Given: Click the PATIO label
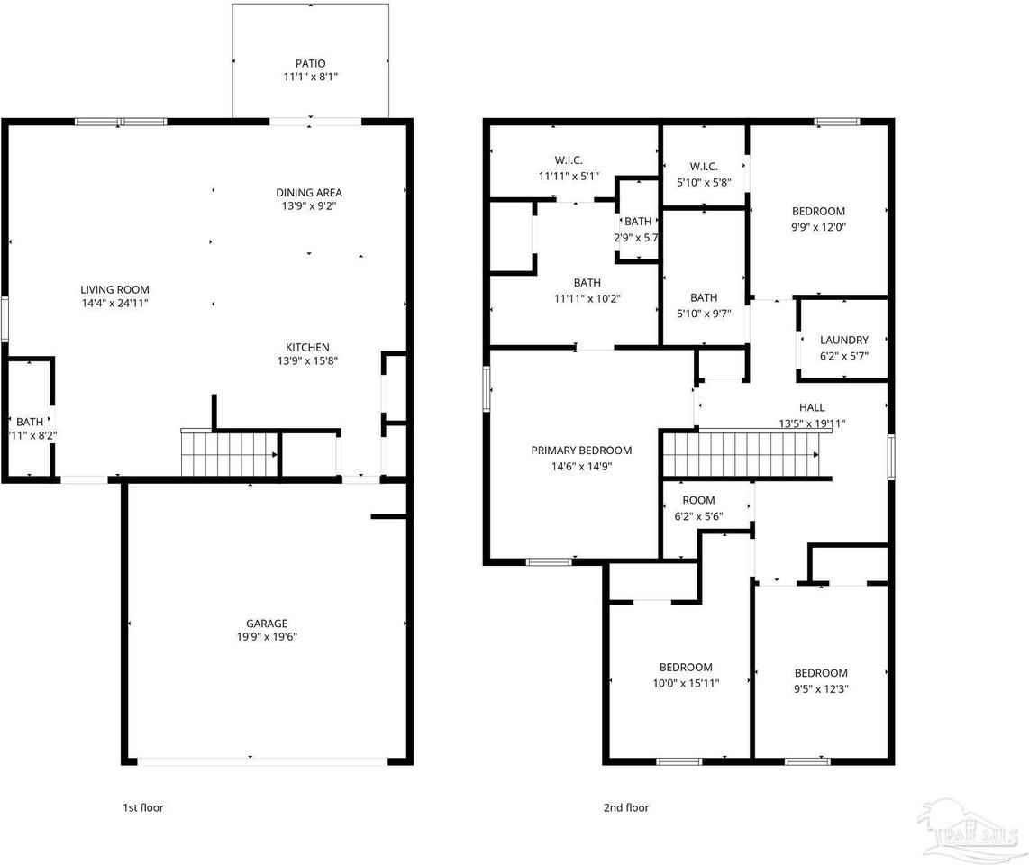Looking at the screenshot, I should coord(310,64).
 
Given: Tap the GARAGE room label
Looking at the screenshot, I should coord(267,624).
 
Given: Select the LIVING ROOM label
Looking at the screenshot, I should coord(114,290).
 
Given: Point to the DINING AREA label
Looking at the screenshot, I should coord(308,193).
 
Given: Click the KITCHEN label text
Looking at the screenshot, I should coord(307,348).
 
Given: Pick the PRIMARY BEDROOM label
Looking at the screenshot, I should coord(581,451).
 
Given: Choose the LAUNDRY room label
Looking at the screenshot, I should coord(843,341).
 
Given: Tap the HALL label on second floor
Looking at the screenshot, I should coord(811,408).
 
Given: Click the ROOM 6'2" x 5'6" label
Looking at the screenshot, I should coord(698,501).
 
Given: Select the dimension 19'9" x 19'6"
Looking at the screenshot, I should coord(267,637).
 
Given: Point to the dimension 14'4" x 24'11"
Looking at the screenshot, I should coord(114,304).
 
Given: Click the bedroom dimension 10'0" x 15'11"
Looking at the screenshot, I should coord(686,682).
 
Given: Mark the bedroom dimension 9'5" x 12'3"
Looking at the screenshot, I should coord(821,688).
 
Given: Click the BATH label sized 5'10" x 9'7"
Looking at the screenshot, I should coord(704,298).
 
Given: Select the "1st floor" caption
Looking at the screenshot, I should coord(143,808).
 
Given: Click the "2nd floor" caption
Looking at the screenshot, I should coord(625,808).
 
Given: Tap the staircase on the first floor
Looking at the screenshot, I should coord(230,453).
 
